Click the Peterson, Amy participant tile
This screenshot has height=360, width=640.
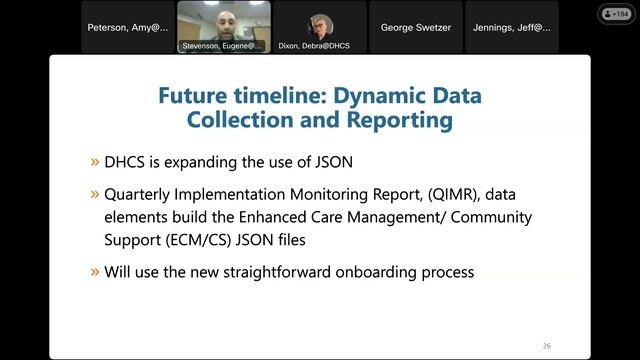click(x=129, y=28)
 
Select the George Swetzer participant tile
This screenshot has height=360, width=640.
click(x=415, y=28)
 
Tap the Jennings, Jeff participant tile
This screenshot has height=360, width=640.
click(x=511, y=28)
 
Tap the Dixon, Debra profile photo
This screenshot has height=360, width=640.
click(x=320, y=24)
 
